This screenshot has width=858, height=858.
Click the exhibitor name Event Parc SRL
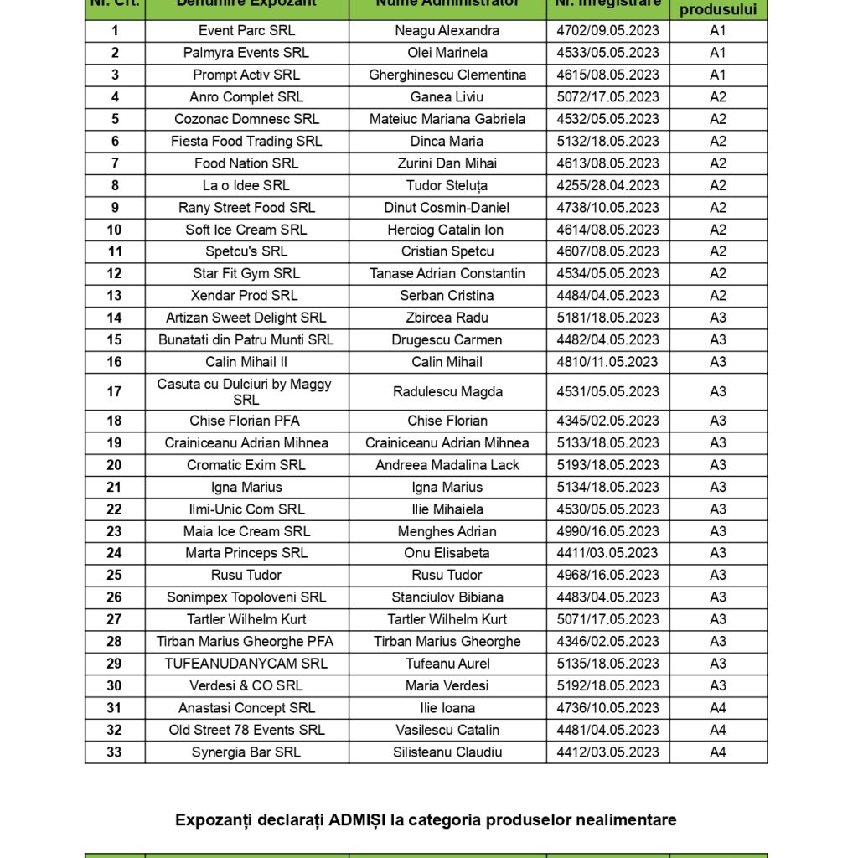click(246, 31)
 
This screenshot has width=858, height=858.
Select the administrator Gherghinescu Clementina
click(447, 75)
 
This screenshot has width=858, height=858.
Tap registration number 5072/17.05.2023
click(607, 96)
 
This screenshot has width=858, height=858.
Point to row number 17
click(114, 391)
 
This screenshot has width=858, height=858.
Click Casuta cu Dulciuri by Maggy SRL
click(245, 391)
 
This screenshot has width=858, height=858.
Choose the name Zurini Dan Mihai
click(447, 163)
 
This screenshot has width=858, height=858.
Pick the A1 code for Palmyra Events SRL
click(718, 53)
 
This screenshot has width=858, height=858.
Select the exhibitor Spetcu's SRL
click(246, 251)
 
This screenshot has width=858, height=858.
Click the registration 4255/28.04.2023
click(607, 185)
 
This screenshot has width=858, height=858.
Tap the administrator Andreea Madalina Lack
click(447, 465)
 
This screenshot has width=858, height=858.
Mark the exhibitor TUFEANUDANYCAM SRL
click(246, 664)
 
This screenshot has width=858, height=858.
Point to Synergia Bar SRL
click(246, 752)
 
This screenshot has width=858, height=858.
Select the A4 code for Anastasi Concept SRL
click(718, 708)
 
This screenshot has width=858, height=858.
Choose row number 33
click(114, 752)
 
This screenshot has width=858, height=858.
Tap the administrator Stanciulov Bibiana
click(447, 597)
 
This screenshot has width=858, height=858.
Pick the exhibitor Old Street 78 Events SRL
click(246, 730)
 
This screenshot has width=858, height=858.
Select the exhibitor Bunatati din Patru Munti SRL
click(246, 340)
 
